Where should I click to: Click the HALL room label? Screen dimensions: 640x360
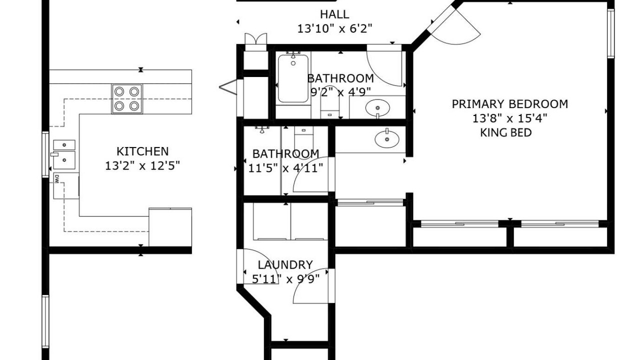coord(334,14)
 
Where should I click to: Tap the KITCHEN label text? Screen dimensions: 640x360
coord(142,151)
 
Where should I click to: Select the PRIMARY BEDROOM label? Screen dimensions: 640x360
coord(510,104)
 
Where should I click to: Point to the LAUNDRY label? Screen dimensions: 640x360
coord(285,265)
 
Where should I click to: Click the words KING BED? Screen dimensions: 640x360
coord(505,132)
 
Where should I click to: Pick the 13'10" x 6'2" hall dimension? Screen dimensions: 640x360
coord(335,28)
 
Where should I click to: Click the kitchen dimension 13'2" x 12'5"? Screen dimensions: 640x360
coord(142,165)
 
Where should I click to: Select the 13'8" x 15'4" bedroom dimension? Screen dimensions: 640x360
coord(509,118)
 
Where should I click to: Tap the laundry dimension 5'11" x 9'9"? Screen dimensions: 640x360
coord(285,278)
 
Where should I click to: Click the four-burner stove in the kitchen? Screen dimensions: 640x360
coord(127,99)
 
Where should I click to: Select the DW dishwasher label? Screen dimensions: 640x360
coord(56,179)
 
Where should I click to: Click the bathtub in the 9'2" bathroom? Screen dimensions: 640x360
coord(293,78)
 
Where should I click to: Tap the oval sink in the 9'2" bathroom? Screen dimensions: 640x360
coord(377,108)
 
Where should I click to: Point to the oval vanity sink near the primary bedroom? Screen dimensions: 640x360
coord(387,139)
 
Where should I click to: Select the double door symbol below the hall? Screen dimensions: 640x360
coord(255,38)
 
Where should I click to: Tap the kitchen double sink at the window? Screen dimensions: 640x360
coord(64,154)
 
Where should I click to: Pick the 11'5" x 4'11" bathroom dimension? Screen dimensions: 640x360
coord(285,168)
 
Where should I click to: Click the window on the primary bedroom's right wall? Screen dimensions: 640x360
coord(610,33)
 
